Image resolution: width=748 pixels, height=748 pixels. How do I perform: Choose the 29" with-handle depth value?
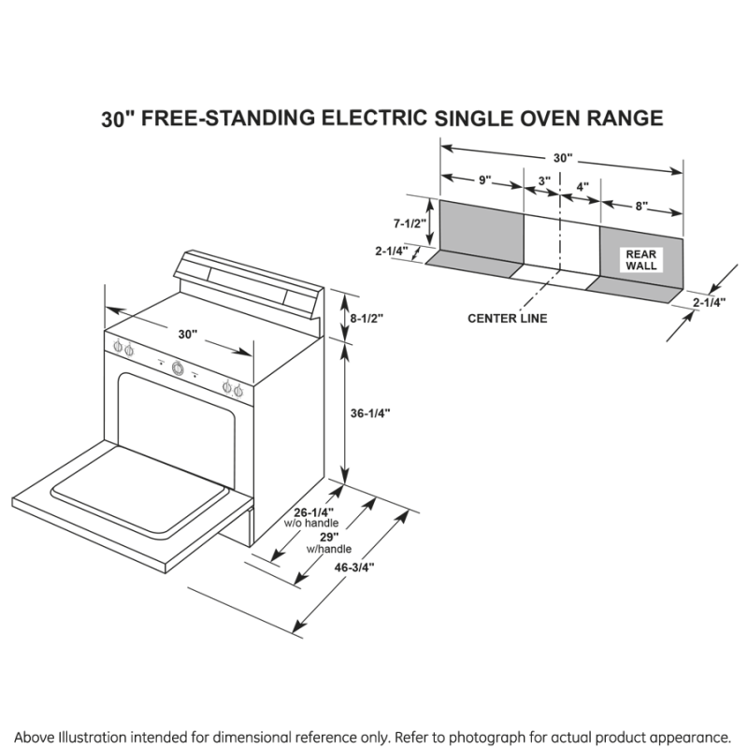pyautogui.click(x=327, y=539)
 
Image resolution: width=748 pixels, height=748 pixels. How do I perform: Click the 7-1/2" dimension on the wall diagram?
pyautogui.click(x=410, y=224)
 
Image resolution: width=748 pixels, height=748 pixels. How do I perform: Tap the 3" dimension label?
pyautogui.click(x=543, y=180)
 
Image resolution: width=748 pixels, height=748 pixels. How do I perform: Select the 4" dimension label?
pyautogui.click(x=582, y=187)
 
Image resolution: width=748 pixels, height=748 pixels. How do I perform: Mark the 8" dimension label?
pyautogui.click(x=641, y=206)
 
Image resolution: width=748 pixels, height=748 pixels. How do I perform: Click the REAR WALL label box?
pyautogui.click(x=641, y=260)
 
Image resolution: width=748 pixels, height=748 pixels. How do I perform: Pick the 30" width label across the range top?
pyautogui.click(x=189, y=335)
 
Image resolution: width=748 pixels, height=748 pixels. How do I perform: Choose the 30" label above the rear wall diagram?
pyautogui.click(x=561, y=158)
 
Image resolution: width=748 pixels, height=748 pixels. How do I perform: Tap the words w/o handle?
pyautogui.click(x=312, y=524)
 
